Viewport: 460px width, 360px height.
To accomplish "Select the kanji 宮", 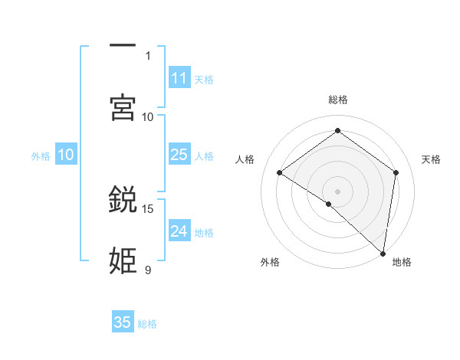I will (123, 107).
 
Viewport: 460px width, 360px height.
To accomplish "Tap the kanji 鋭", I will (123, 200).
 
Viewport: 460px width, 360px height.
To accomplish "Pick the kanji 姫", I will (123, 261).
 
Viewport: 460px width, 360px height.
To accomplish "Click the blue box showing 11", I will (179, 78).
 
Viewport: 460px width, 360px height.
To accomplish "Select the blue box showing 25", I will (179, 155).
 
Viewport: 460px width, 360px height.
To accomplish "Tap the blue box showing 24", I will (179, 231).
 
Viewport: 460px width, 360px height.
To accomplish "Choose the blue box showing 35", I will (123, 322).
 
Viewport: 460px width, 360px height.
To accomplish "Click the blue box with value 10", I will (66, 155).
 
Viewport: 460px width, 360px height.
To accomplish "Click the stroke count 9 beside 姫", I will (148, 270).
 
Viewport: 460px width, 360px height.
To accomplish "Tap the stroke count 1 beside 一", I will (148, 56).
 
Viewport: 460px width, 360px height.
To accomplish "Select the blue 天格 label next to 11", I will (204, 80).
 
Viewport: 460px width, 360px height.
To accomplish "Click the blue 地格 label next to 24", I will (204, 233).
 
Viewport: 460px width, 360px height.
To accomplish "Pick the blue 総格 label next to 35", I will (147, 324).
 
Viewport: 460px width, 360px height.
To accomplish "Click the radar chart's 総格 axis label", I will (338, 100).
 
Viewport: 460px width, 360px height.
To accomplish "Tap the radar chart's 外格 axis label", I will (270, 262).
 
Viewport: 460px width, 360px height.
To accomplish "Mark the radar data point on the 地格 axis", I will (383, 252).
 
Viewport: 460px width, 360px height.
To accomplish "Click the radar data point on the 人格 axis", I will (280, 173).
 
